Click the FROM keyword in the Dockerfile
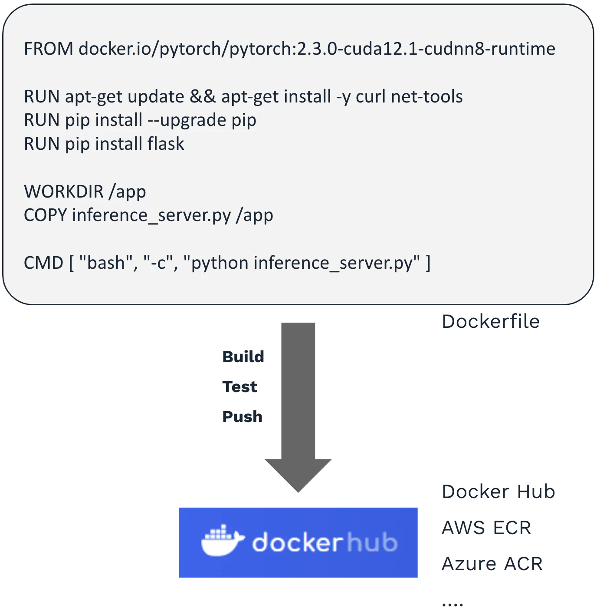pyautogui.click(x=48, y=49)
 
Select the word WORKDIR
pyautogui.click(x=63, y=191)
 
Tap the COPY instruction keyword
pyautogui.click(x=45, y=215)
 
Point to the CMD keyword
pyautogui.click(x=43, y=263)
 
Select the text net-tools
pyautogui.click(x=426, y=96)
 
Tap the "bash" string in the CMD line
pyautogui.click(x=106, y=263)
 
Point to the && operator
pyautogui.click(x=203, y=96)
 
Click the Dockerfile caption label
pyautogui.click(x=491, y=322)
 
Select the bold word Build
pyautogui.click(x=243, y=357)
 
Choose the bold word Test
pyautogui.click(x=239, y=387)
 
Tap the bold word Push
pyautogui.click(x=242, y=417)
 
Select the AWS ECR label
pyautogui.click(x=486, y=528)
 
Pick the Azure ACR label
pyautogui.click(x=492, y=564)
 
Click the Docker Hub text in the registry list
pyautogui.click(x=498, y=492)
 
